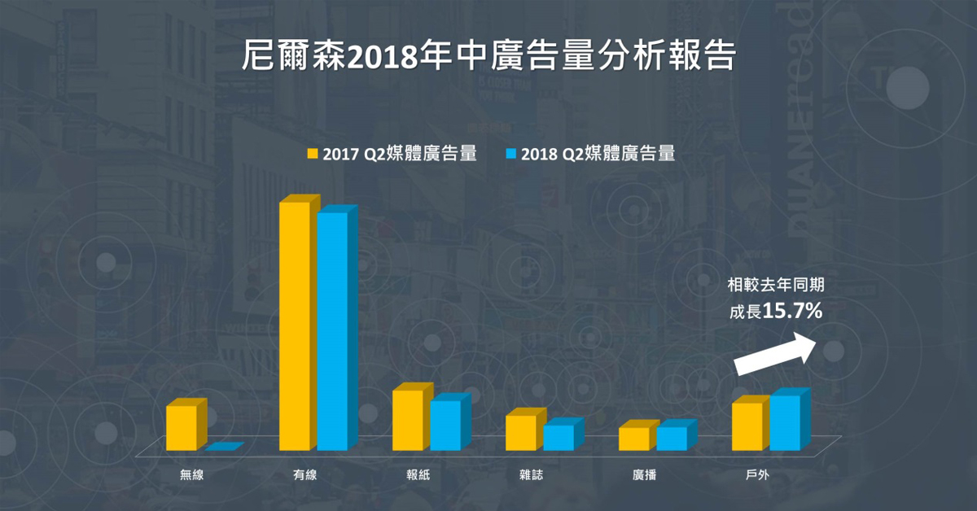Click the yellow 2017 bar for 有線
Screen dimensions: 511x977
coord(295,325)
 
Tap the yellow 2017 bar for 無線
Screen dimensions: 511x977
coord(182,427)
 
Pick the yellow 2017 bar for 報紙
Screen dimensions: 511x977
coord(408,420)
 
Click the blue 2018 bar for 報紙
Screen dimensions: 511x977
coord(445,425)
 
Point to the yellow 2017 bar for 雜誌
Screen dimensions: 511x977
coord(521,432)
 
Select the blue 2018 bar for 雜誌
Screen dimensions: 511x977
coord(559,437)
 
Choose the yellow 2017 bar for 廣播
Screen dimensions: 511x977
coord(634,439)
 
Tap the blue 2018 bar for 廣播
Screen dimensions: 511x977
coord(672,438)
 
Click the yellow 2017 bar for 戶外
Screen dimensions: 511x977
coord(747,426)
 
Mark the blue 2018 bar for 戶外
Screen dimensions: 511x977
coord(785,422)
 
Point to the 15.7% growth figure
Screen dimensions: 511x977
coord(793,311)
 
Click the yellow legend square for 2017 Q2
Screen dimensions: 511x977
coord(312,154)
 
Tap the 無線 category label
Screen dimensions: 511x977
coord(192,474)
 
